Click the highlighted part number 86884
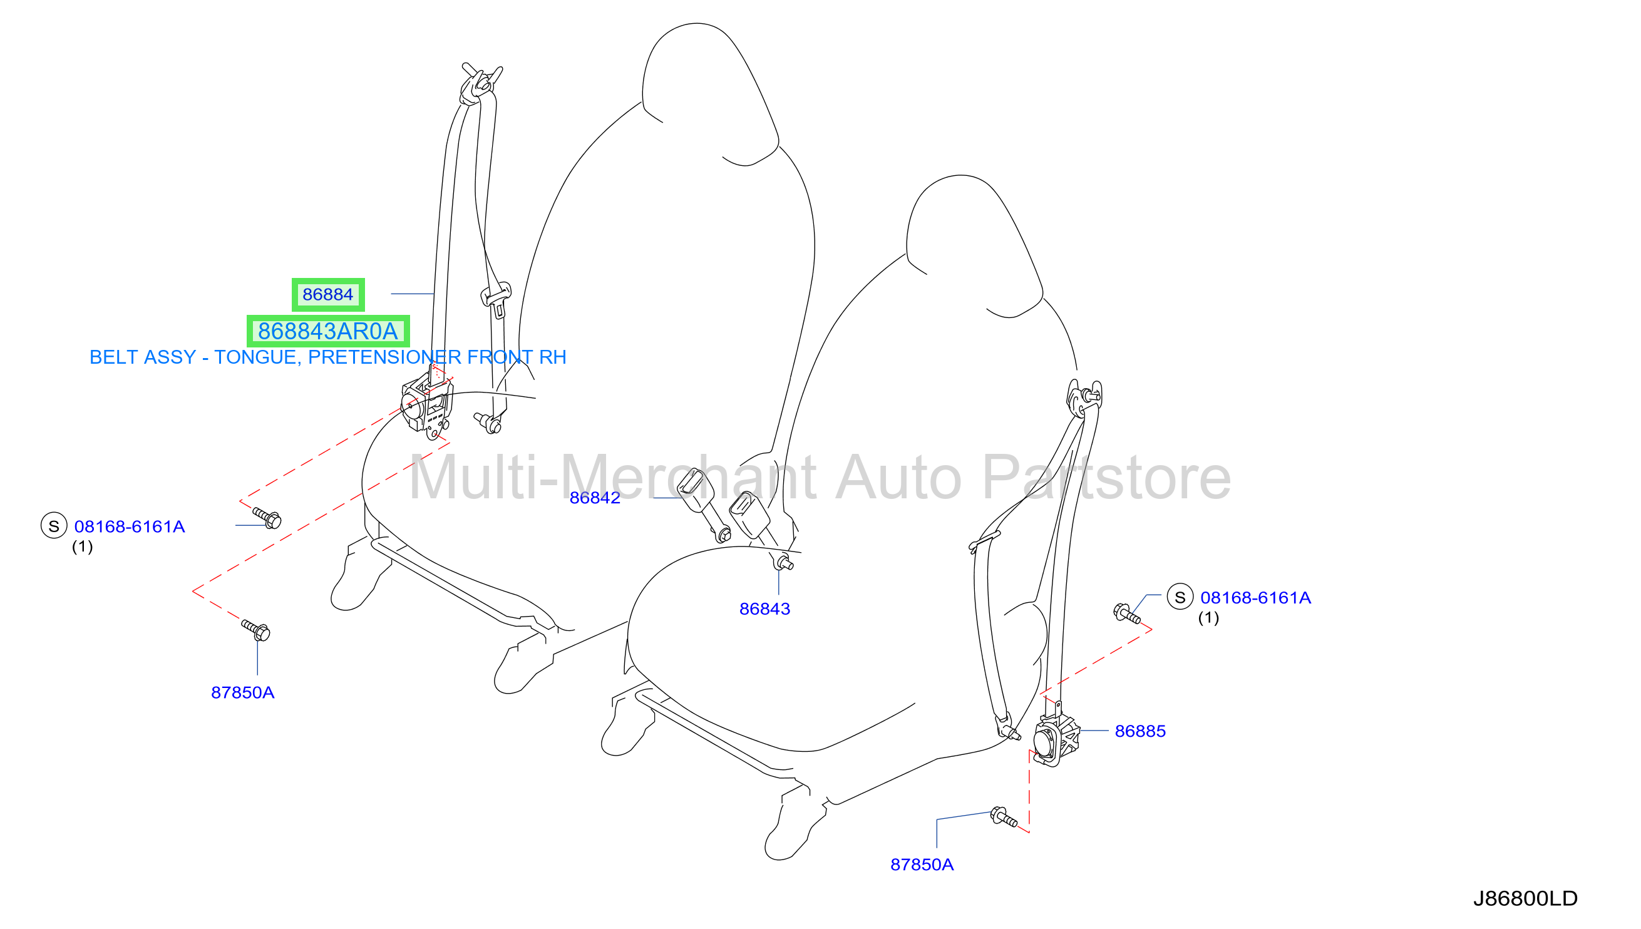328,294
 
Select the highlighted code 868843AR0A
328,331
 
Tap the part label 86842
595,498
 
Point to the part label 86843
764,608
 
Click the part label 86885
1139,731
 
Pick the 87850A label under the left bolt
242,692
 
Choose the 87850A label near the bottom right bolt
922,865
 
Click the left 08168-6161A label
130,526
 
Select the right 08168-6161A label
1255,597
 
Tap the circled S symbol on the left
54,526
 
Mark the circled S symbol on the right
1180,597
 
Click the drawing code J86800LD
1525,898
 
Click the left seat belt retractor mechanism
427,407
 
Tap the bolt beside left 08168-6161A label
267,518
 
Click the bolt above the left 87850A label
257,630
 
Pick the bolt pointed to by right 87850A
1003,817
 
